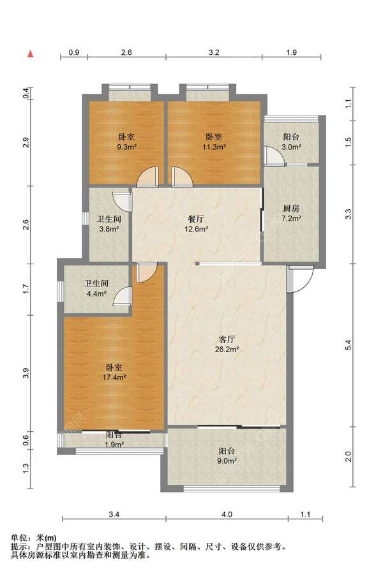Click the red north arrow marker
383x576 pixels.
coord(31,54)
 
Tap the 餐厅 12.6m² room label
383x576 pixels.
coord(196,224)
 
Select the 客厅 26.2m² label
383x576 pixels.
coord(227,344)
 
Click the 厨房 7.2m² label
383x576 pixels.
coord(291,214)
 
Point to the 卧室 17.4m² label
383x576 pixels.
coord(114,372)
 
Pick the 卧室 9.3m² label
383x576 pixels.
coord(126,142)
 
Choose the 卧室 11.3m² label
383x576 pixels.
coord(214,142)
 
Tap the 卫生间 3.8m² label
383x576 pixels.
coord(109,224)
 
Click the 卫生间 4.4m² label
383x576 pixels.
coord(96,288)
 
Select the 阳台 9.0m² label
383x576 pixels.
coord(227,455)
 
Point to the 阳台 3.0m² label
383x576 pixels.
coord(291,142)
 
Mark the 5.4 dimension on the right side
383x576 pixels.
coord(349,345)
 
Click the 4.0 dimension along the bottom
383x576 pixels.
coord(227,514)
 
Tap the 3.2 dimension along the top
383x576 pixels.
coord(214,52)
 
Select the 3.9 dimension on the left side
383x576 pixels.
coord(26,373)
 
